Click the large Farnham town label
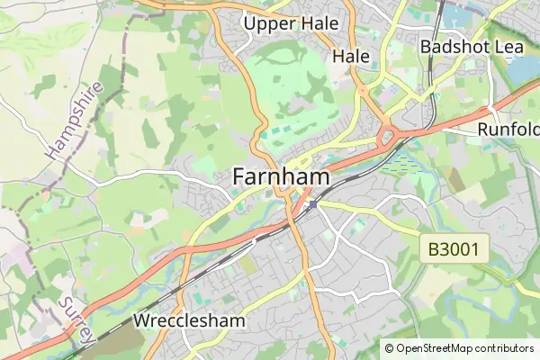tap(281, 177)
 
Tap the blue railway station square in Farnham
tap(311, 206)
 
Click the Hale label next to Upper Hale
tap(351, 56)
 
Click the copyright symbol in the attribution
tap(389, 347)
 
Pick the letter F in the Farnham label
tap(240, 177)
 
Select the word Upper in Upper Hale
tap(268, 23)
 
